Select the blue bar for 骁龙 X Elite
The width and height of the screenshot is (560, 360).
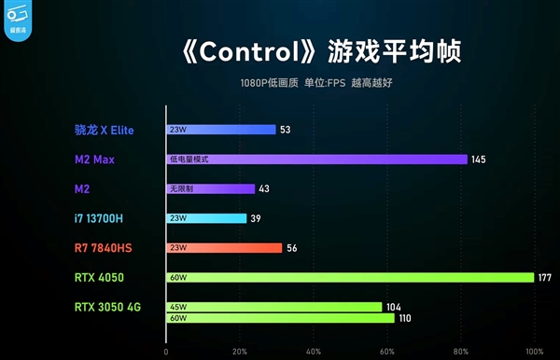220,130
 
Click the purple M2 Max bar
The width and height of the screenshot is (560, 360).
316,159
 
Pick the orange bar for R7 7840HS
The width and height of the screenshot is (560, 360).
224,248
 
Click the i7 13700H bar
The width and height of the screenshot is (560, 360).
206,218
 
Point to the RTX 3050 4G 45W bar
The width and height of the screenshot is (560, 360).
273,306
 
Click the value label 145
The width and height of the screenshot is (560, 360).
478,159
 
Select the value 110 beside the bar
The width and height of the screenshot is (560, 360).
405,318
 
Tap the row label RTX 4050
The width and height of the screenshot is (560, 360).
99,277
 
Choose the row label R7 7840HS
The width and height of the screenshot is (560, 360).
103,248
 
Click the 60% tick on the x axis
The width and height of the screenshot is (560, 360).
387,352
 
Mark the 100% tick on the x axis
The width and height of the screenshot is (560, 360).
534,352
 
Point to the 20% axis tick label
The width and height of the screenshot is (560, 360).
240,352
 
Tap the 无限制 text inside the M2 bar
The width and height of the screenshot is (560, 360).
179,189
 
